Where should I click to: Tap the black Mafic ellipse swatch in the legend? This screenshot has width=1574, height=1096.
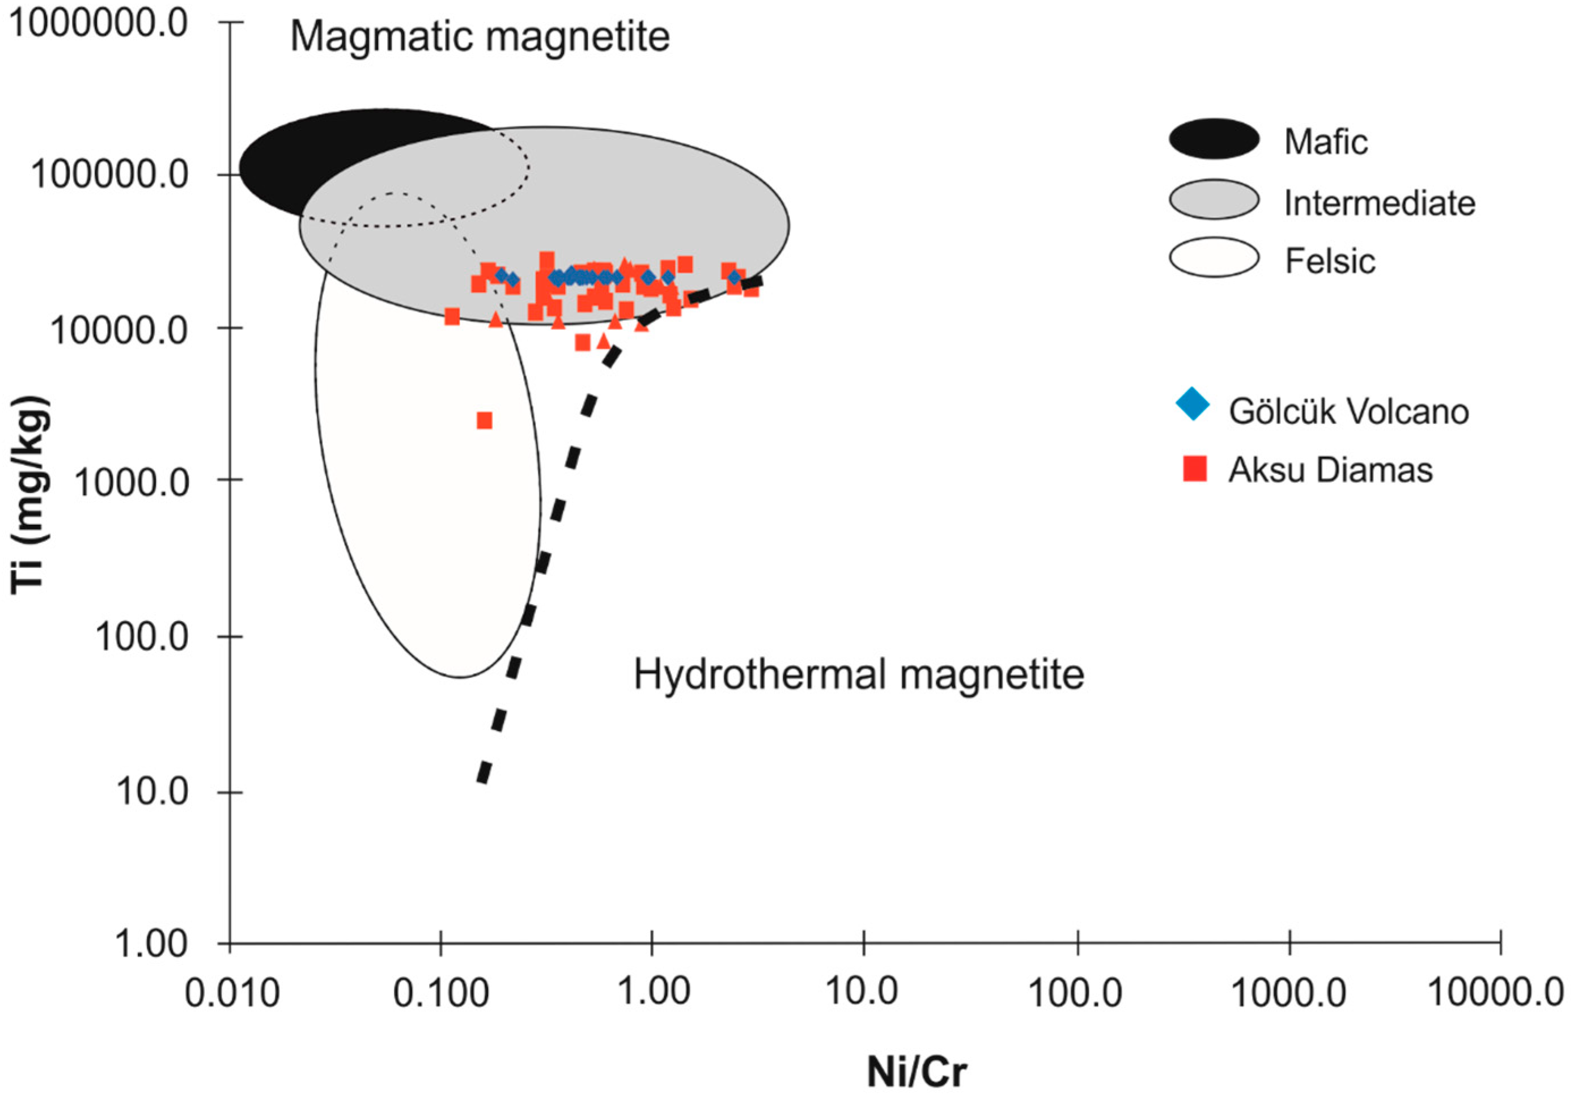[1214, 139]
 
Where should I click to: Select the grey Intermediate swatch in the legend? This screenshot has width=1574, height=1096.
[1214, 199]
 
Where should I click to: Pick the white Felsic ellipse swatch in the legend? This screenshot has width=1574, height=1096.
[1214, 258]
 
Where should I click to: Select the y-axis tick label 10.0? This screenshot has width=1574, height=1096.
[151, 792]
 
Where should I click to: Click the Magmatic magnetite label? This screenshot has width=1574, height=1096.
[480, 36]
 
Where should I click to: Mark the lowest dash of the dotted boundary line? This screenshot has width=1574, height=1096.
[484, 772]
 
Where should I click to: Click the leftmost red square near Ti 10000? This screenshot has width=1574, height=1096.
[452, 317]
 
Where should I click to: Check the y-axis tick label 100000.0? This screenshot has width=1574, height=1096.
[110, 175]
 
